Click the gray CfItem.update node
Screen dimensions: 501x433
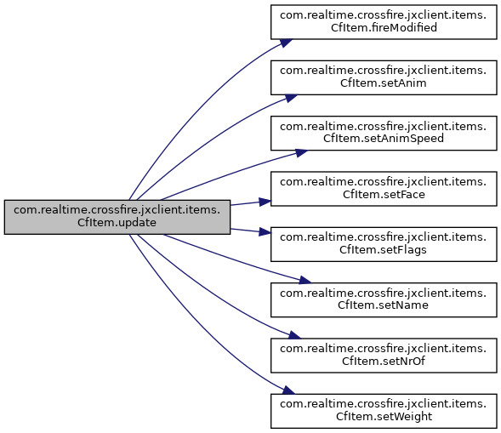117,217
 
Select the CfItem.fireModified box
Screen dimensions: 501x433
384,22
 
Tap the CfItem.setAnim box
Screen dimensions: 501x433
384,77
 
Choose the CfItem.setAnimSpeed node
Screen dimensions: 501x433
384,133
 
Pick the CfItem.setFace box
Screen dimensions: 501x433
384,189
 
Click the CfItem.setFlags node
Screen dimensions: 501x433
384,244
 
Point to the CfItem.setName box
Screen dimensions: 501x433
384,299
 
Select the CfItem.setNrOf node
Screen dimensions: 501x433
384,356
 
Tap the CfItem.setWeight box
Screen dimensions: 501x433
384,411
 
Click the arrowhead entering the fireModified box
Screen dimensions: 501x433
287,43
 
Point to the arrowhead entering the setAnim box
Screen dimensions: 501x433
291,98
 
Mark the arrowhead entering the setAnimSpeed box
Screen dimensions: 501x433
301,153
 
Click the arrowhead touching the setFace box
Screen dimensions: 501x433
265,202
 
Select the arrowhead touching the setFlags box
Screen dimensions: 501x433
265,231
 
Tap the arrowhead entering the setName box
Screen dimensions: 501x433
305,280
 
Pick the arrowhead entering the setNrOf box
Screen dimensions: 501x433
294,335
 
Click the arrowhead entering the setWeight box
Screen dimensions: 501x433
288,390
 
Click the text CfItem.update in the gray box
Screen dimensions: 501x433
117,223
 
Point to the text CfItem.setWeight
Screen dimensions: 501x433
384,416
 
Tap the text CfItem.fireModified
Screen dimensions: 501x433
384,28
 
